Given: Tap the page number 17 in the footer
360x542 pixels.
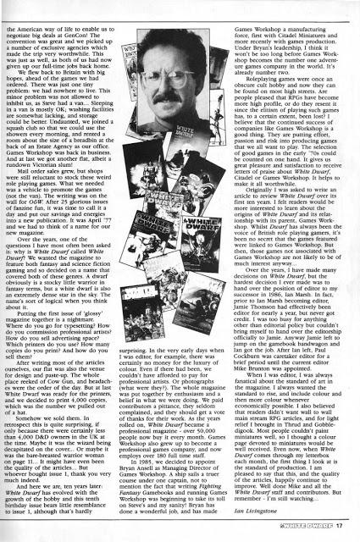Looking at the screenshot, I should pyautogui.click(x=341, y=531).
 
